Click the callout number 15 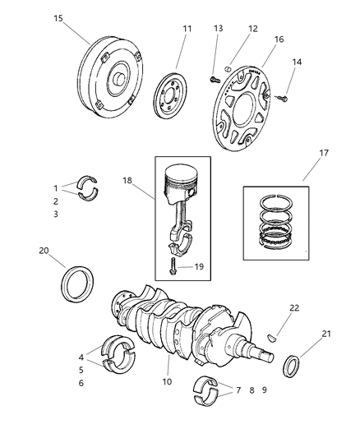(x=57, y=18)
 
